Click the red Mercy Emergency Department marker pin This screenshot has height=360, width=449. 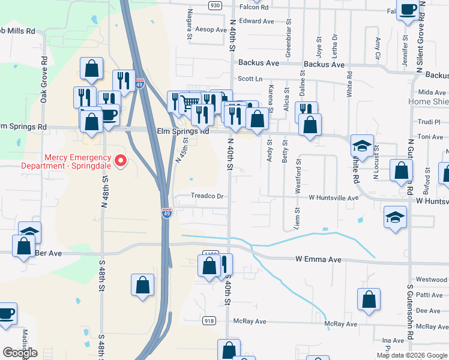(x=121, y=161)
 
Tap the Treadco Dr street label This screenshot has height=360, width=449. (x=206, y=196)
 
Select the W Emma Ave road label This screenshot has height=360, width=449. (x=318, y=260)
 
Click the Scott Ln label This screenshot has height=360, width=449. (x=250, y=79)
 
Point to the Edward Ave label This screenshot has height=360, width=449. (x=256, y=21)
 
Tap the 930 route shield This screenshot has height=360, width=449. (x=215, y=5)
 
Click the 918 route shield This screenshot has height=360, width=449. (x=209, y=321)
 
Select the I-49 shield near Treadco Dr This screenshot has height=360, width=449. (x=167, y=212)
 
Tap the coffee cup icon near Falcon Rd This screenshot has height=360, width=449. (x=408, y=10)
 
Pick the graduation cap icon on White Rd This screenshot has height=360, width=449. (x=362, y=146)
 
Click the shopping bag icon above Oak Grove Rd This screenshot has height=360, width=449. (x=91, y=68)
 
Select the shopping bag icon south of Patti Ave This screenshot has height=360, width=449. (x=369, y=299)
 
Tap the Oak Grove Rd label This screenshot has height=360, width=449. (x=44, y=79)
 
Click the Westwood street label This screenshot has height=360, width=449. (x=431, y=280)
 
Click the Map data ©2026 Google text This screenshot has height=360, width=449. (x=412, y=355)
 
